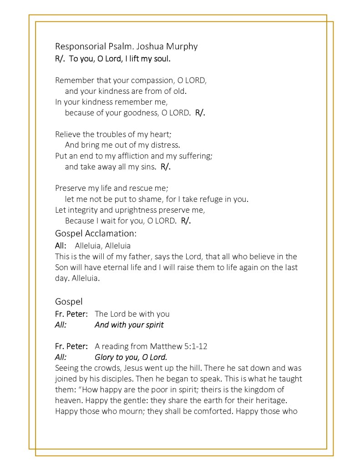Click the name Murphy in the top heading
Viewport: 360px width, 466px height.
coord(182,46)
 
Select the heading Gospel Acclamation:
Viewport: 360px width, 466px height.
coord(96,234)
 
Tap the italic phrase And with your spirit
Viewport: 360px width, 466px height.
coord(129,325)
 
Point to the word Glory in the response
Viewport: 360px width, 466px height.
coord(105,357)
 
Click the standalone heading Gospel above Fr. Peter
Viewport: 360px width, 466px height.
coord(69,302)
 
